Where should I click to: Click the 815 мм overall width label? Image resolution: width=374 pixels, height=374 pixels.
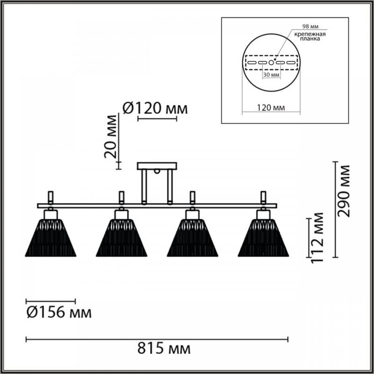coord(164,349)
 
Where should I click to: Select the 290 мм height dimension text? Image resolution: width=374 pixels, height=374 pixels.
coord(344,191)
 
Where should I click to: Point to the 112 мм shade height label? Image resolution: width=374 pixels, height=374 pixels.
coord(317,237)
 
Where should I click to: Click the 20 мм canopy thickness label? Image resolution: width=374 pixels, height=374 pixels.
coord(111,137)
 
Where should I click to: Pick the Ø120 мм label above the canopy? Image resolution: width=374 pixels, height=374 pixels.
coord(155,108)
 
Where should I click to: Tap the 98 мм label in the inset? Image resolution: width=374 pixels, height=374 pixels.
coord(310,26)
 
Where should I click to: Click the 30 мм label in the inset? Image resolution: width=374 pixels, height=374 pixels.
coord(271,75)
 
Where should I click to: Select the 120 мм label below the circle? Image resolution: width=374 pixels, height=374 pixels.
coord(271,108)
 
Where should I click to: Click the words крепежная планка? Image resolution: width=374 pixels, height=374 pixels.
coord(310,36)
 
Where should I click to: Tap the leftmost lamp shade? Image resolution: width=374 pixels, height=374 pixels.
coord(50,238)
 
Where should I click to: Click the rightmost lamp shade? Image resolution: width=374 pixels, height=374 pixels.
coord(263,238)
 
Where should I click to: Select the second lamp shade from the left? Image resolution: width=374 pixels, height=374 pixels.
coord(122,238)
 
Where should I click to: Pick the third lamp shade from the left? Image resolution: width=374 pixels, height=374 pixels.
coord(193,238)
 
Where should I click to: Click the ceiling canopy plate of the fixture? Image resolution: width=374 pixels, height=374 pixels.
coord(157,166)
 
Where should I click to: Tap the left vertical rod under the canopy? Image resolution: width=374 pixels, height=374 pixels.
coord(144,187)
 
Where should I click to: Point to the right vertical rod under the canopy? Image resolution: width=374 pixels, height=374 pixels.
coord(170,187)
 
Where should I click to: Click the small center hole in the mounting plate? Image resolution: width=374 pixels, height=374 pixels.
coord(271,63)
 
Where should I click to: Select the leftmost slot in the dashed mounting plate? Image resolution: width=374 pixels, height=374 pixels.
coord(252,63)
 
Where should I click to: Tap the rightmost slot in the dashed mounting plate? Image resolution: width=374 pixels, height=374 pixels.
coord(291,63)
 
